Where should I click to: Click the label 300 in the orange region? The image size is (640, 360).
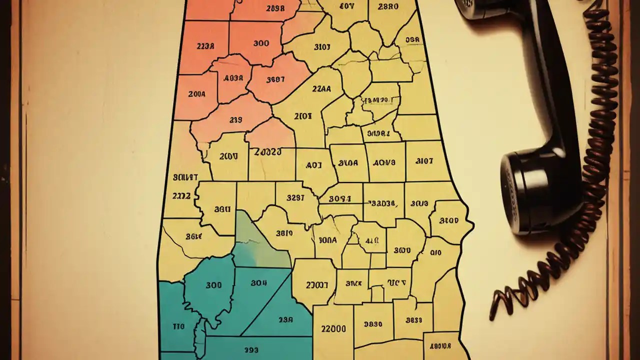(261, 43)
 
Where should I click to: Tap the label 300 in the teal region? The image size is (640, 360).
(213, 285)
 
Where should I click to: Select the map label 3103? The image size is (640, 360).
(321, 47)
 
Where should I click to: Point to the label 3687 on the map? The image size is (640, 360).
(275, 79)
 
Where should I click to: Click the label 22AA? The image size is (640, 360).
(321, 88)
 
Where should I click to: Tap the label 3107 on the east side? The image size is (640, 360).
(424, 161)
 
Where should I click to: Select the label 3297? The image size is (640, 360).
(295, 197)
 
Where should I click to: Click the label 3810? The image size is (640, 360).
(284, 233)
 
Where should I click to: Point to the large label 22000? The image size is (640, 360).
(332, 329)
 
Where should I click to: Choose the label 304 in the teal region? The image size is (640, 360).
(258, 283)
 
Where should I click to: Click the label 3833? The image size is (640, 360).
(414, 320)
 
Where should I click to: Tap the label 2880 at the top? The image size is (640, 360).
(388, 7)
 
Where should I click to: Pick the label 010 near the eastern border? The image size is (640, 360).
(435, 253)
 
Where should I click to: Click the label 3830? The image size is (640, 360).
(373, 324)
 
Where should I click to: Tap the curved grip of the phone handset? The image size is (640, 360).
(550, 90)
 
